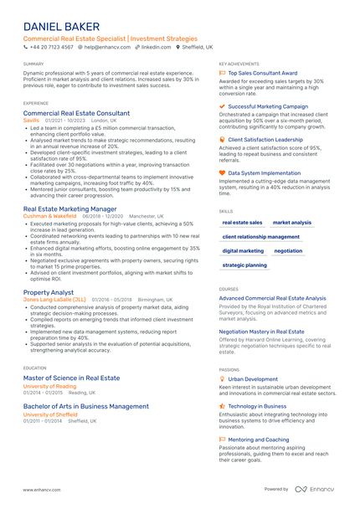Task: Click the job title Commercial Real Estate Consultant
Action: click(76, 113)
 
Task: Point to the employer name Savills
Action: click(31, 120)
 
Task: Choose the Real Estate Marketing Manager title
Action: click(70, 208)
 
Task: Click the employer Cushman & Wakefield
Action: click(51, 215)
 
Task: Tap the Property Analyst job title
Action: click(49, 292)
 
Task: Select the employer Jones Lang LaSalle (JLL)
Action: click(54, 299)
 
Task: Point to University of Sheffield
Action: click(51, 414)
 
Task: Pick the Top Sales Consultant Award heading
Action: click(262, 73)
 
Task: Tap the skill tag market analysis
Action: click(292, 223)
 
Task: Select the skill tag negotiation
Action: click(288, 250)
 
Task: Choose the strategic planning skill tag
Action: click(244, 265)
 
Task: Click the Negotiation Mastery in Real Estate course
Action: click(262, 332)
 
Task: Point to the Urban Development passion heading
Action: click(253, 378)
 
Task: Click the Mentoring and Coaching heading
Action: click(259, 440)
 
